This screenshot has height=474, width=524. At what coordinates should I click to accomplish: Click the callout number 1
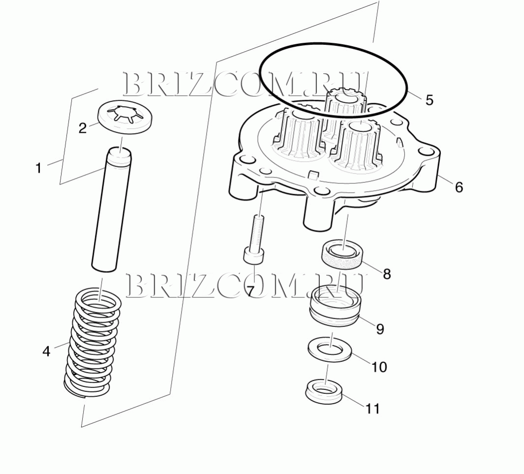(39, 168)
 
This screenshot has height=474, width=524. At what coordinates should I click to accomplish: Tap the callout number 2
(82, 128)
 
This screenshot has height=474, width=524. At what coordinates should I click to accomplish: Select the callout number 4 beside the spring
(46, 351)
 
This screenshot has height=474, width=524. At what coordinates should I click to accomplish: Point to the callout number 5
(429, 100)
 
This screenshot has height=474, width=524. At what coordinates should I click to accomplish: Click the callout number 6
(459, 187)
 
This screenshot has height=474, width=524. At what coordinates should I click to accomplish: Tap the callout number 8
(387, 274)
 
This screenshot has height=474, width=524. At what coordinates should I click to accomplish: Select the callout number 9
(380, 329)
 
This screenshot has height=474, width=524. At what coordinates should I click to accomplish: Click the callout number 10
(379, 367)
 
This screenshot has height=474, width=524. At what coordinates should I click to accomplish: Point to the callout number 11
(372, 409)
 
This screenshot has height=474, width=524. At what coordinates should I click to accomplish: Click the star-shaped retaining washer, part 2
(125, 117)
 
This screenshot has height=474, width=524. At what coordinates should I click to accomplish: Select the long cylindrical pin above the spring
(112, 210)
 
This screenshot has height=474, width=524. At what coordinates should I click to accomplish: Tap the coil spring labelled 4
(92, 343)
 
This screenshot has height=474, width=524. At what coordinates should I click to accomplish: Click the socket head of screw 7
(254, 256)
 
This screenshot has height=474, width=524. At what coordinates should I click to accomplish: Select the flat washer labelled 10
(330, 350)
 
